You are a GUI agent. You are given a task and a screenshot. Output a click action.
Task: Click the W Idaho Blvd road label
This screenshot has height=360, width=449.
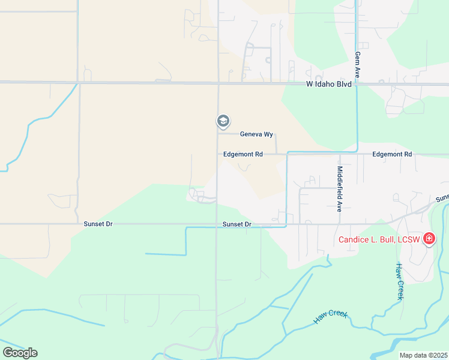[x=327, y=85]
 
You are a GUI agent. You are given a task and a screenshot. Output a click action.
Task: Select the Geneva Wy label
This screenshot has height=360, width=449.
[x=256, y=134]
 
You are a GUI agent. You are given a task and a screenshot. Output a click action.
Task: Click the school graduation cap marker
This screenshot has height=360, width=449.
[x=223, y=121]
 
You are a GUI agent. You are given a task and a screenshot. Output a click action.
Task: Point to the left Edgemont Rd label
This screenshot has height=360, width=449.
[x=243, y=154]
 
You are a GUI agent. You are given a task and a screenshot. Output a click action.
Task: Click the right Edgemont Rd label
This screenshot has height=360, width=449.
[x=392, y=154]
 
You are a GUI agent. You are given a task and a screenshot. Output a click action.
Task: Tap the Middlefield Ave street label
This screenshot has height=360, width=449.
[x=339, y=186]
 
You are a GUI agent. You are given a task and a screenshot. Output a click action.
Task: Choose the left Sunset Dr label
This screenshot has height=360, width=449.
[x=98, y=224]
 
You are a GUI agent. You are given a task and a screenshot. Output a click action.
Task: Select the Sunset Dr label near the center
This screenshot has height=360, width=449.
[x=237, y=224]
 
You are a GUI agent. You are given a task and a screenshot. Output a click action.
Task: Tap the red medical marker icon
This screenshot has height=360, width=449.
[x=429, y=239]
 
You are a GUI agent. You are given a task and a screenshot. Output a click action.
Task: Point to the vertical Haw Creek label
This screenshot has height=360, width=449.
[x=399, y=281]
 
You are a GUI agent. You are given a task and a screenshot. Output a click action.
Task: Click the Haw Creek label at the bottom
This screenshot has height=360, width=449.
[x=330, y=317]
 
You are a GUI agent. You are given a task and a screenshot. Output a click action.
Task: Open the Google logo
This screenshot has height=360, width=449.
[x=20, y=352]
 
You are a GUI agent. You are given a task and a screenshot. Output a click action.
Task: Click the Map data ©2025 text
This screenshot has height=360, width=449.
[x=423, y=355]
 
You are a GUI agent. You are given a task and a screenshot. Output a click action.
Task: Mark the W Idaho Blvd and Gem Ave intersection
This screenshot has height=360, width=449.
[x=357, y=83]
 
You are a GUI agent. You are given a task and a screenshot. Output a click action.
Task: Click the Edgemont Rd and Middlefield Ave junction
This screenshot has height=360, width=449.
[x=340, y=154]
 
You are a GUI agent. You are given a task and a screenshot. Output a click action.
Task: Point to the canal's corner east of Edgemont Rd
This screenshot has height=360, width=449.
[x=357, y=151]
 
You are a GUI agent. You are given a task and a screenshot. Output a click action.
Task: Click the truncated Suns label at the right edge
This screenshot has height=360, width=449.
[x=442, y=197]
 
